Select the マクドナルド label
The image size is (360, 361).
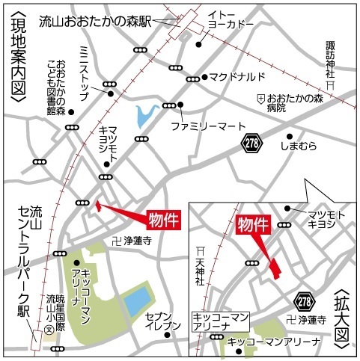(x=237, y=77)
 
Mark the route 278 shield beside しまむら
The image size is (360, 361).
(x=253, y=141)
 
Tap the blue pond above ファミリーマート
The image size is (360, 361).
(x=144, y=116)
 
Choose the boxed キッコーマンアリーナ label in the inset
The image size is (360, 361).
(x=219, y=321)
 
